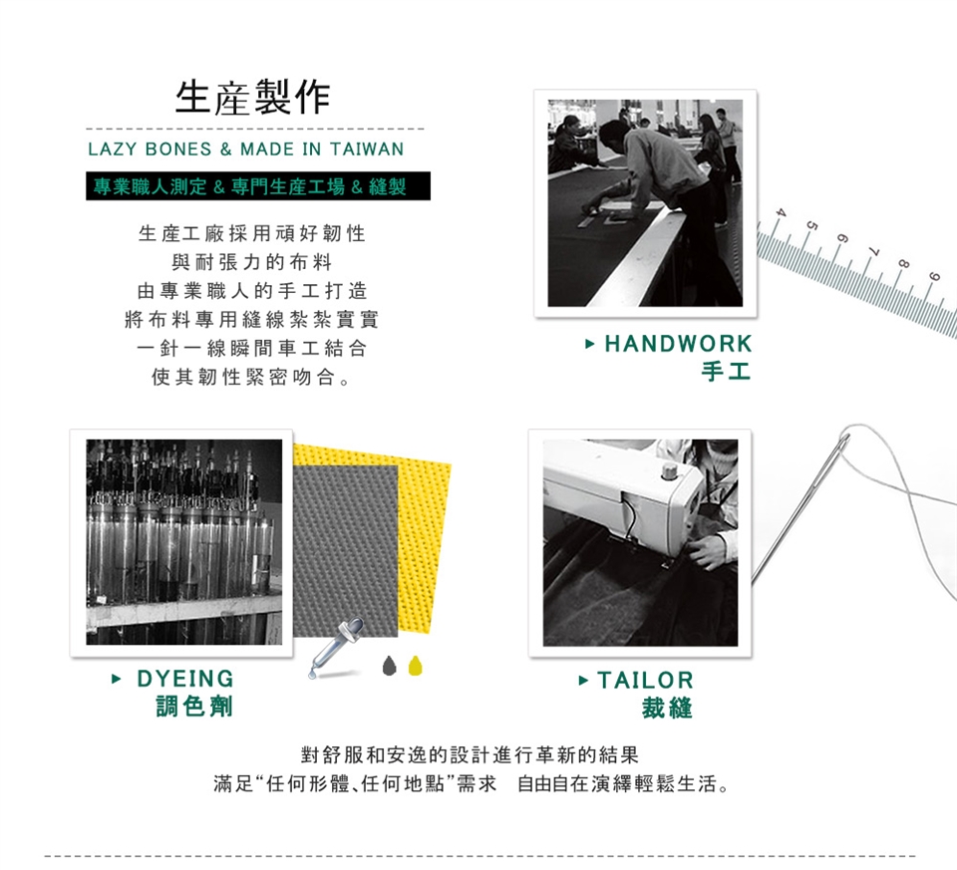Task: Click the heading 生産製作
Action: pos(252,97)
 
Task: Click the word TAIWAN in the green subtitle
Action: pos(367,148)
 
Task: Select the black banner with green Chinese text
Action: pos(258,186)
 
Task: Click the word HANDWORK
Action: pos(678,344)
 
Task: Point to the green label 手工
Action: pos(726,371)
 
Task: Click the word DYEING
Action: pos(185,679)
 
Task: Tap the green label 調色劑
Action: pos(194,706)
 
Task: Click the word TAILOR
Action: pos(645,681)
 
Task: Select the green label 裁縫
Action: pos(667,709)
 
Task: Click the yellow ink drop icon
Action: pos(415,666)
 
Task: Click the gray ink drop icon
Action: pos(390,666)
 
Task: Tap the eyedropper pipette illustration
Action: pos(337,648)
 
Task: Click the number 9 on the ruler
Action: pos(934,276)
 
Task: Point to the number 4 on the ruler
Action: pos(780,212)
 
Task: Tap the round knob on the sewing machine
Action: pos(670,471)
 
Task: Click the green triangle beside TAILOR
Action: pos(583,681)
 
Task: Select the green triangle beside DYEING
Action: pos(116,679)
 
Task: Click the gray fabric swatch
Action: pos(346,550)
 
